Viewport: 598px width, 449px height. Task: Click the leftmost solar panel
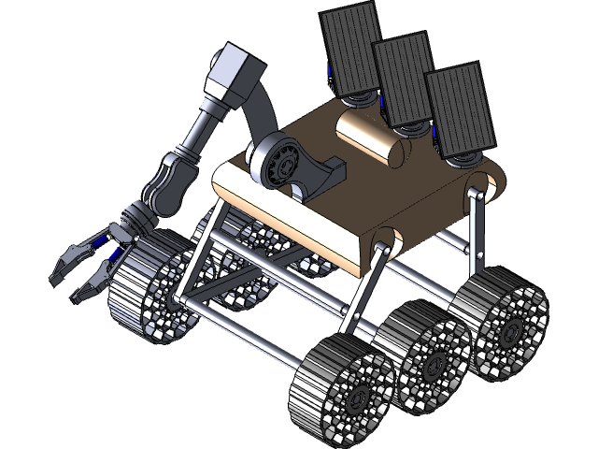click(x=352, y=46)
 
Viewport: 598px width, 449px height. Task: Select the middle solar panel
click(x=405, y=79)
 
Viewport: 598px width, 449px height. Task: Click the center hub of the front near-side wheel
click(x=355, y=398)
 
